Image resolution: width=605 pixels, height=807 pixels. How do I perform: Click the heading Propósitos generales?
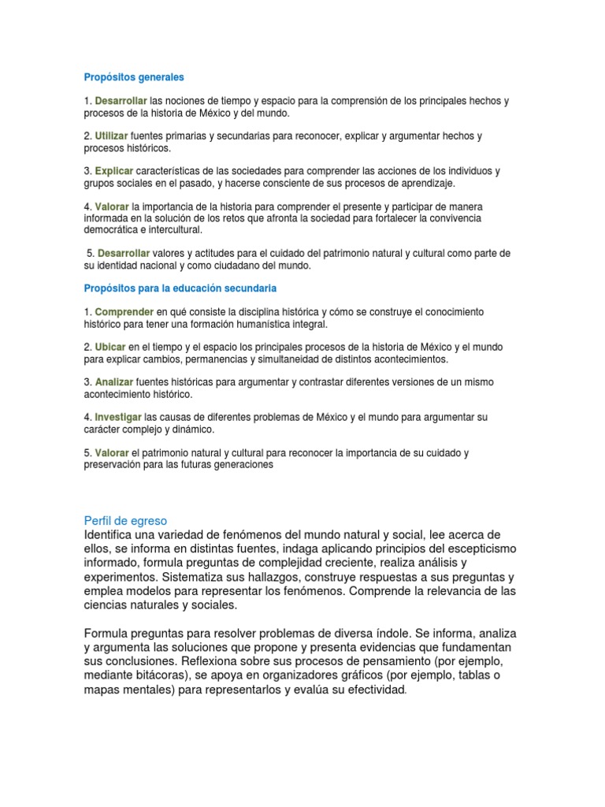(x=134, y=77)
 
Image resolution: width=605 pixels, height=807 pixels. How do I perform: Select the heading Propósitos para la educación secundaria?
(x=180, y=288)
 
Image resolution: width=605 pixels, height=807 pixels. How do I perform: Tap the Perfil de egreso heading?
(x=125, y=521)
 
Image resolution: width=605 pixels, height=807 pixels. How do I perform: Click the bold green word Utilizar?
(x=111, y=136)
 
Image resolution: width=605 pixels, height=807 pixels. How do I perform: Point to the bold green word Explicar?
(x=114, y=170)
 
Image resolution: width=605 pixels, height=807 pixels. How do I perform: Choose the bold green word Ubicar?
(x=109, y=347)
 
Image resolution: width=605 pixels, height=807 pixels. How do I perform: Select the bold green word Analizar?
(x=114, y=381)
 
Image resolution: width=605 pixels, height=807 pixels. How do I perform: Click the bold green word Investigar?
(x=118, y=416)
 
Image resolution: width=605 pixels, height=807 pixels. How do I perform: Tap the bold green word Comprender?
(x=124, y=312)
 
